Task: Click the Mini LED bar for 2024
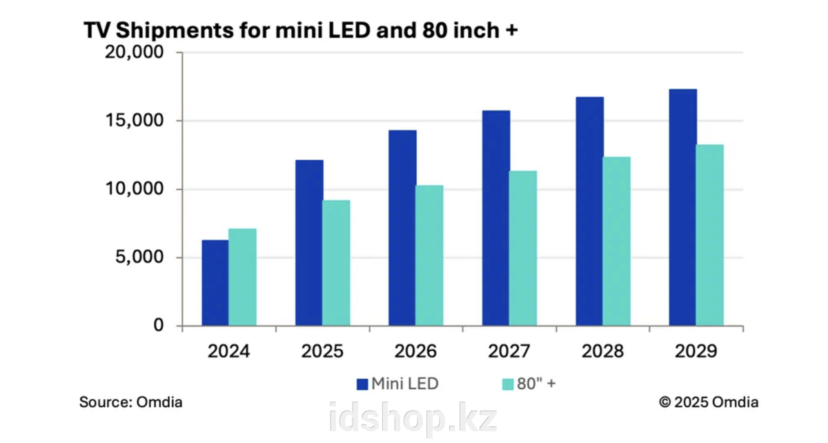[215, 283]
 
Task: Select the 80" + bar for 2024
[242, 277]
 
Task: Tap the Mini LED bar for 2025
[308, 243]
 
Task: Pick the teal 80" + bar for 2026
[429, 255]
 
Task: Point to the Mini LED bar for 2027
[496, 218]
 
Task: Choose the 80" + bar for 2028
[616, 242]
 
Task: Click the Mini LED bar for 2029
[682, 207]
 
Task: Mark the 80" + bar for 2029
[709, 235]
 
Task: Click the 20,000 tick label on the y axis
[133, 52]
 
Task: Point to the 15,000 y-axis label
[133, 121]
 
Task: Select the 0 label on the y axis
[158, 326]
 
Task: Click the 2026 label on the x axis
[415, 352]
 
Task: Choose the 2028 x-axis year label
[602, 352]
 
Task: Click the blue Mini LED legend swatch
[362, 384]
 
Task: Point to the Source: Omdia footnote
[131, 402]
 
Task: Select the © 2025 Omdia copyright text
[708, 402]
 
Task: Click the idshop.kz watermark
[413, 419]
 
